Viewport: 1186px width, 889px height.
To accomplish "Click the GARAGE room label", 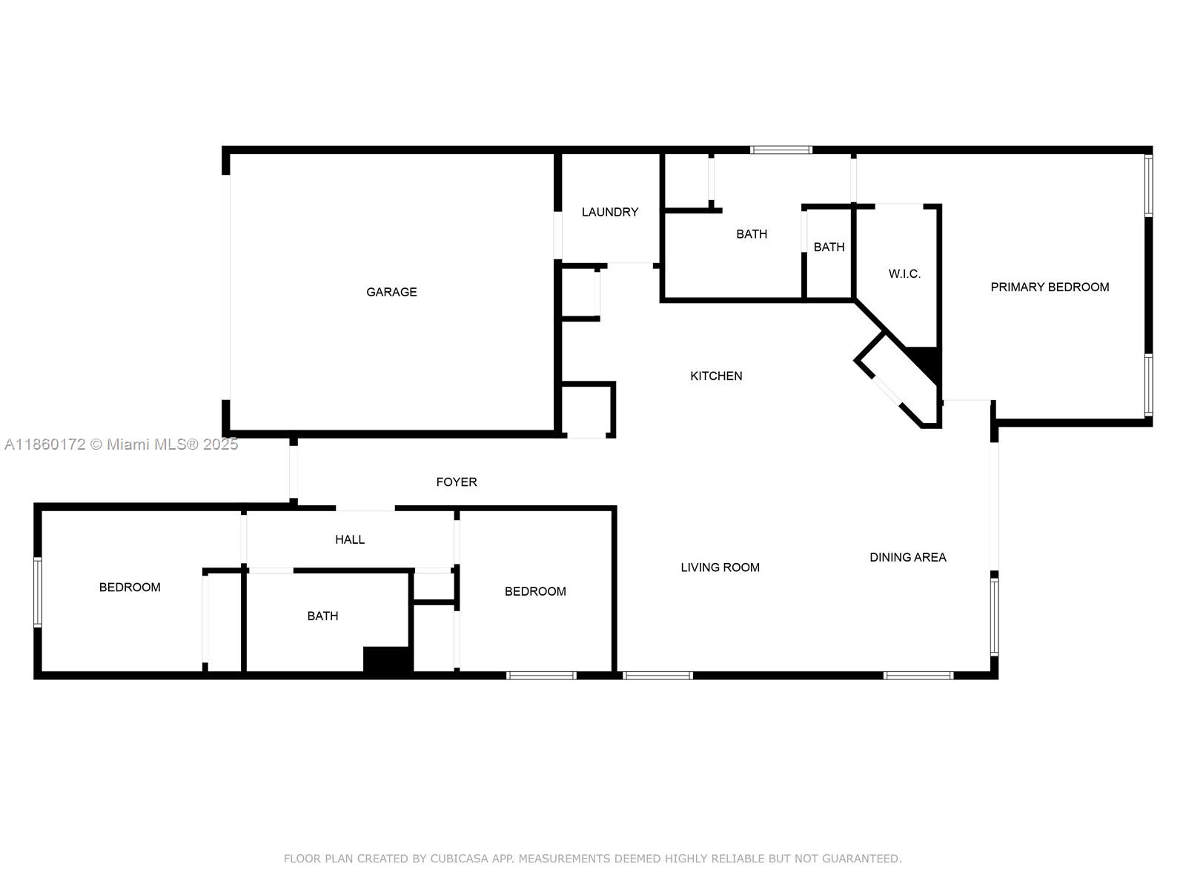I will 391,292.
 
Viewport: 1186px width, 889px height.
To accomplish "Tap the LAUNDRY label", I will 609,212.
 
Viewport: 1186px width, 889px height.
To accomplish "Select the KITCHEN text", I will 716,376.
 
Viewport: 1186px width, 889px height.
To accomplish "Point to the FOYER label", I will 456,482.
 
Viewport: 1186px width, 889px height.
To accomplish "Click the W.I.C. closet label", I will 904,273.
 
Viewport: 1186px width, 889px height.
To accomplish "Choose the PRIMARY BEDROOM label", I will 1050,287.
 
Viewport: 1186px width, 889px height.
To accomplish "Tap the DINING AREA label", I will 907,557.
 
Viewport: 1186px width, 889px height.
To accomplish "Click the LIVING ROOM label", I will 720,567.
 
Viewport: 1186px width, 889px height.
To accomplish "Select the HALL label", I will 349,539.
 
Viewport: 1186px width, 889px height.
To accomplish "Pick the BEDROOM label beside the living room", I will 535,591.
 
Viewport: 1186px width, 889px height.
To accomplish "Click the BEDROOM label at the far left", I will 130,587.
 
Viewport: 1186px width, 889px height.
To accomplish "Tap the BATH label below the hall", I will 322,616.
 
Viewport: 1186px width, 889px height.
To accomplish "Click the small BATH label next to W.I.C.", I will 829,247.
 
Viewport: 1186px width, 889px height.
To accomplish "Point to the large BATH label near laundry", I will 751,234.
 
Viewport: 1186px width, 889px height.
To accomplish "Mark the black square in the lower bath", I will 386,659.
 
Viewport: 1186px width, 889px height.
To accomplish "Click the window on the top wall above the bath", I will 781,150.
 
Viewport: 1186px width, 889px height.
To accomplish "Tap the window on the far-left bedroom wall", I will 38,593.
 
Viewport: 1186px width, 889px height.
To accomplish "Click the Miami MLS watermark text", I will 121,444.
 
